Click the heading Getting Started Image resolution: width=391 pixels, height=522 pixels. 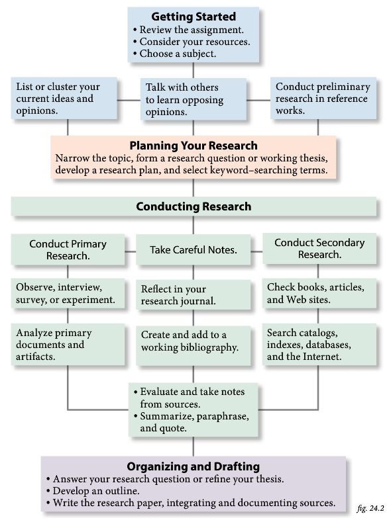coord(194,16)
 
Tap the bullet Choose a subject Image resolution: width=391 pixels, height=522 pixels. coord(178,54)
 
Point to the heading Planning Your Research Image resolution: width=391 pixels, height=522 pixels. coord(194,146)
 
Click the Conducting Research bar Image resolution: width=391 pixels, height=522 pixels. coord(194,206)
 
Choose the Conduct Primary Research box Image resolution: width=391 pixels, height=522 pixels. coord(68,249)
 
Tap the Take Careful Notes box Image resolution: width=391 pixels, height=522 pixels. coord(194,250)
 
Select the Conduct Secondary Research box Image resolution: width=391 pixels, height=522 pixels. coord(319,249)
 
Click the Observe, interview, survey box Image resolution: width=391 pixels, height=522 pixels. coord(68,294)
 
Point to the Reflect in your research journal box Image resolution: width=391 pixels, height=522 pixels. coord(194,295)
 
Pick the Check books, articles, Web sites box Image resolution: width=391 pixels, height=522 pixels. coord(319,293)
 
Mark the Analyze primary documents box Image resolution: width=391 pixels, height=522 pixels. coord(68,344)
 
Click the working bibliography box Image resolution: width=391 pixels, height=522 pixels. coord(194,341)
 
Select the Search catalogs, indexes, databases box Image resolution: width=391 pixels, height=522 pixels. coord(319,344)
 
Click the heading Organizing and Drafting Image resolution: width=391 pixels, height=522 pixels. coord(194,466)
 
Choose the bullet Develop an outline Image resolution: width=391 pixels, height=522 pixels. coord(98,491)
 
